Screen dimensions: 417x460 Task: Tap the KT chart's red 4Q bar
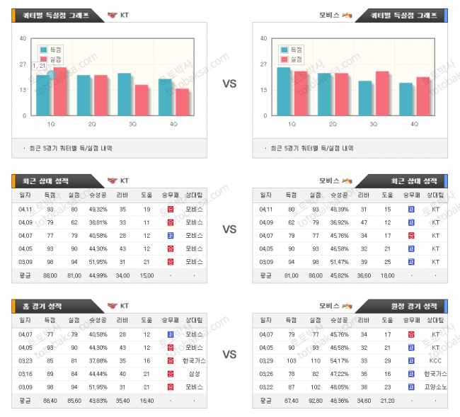point(183,102)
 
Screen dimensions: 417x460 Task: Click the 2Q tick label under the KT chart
point(93,124)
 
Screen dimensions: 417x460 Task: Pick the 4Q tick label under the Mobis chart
point(415,124)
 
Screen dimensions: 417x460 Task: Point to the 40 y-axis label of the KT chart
point(23,39)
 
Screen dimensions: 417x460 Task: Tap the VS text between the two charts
point(229,84)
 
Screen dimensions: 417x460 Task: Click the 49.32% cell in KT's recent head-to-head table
point(98,210)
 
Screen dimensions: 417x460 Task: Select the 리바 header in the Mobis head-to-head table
point(364,195)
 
